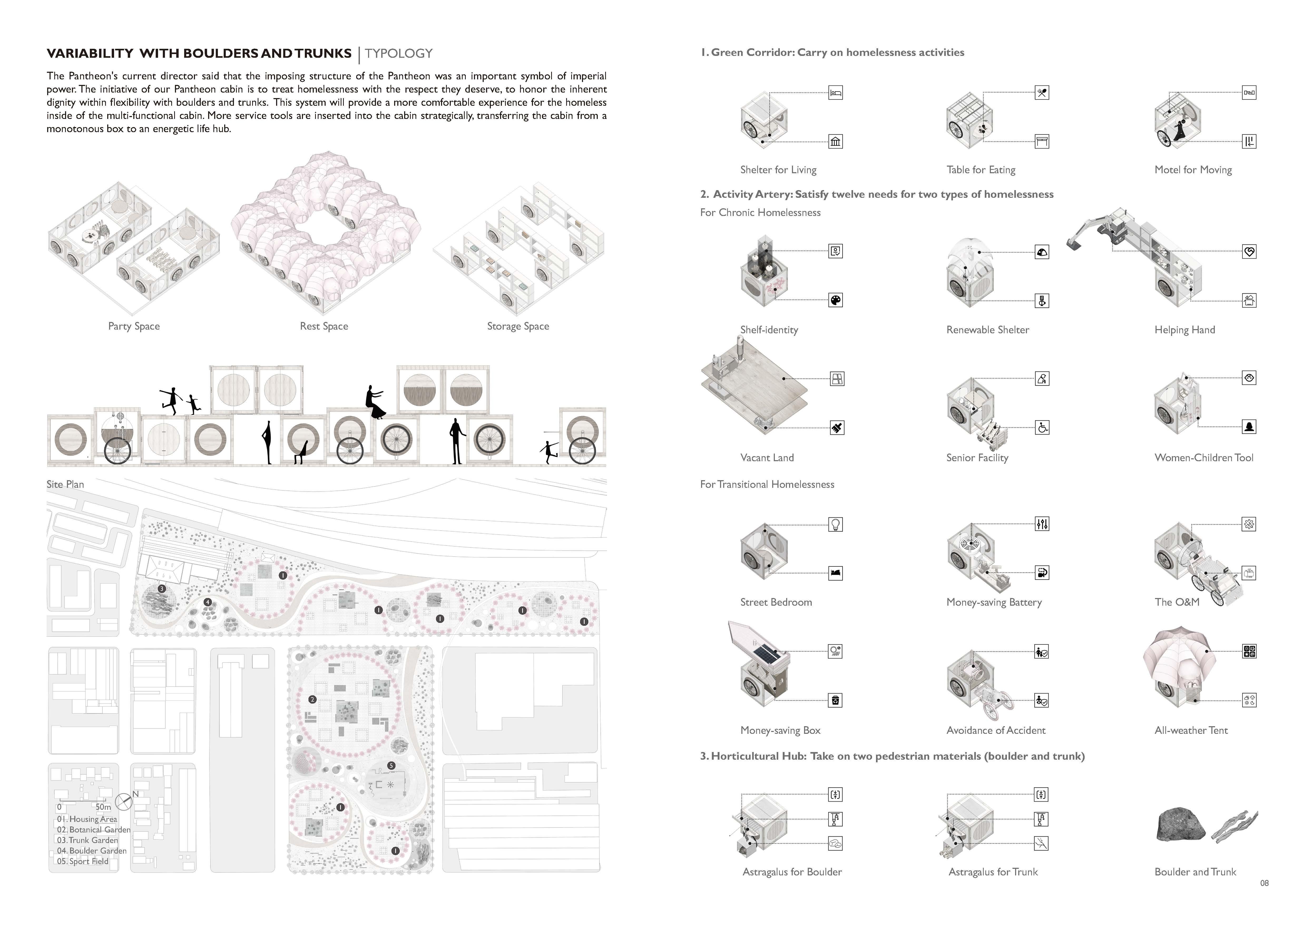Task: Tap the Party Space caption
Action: (134, 326)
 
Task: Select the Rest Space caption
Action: (324, 326)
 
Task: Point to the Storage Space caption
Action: (518, 326)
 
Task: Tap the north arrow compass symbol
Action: (124, 803)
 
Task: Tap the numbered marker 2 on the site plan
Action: (312, 700)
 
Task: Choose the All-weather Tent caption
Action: (1191, 730)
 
